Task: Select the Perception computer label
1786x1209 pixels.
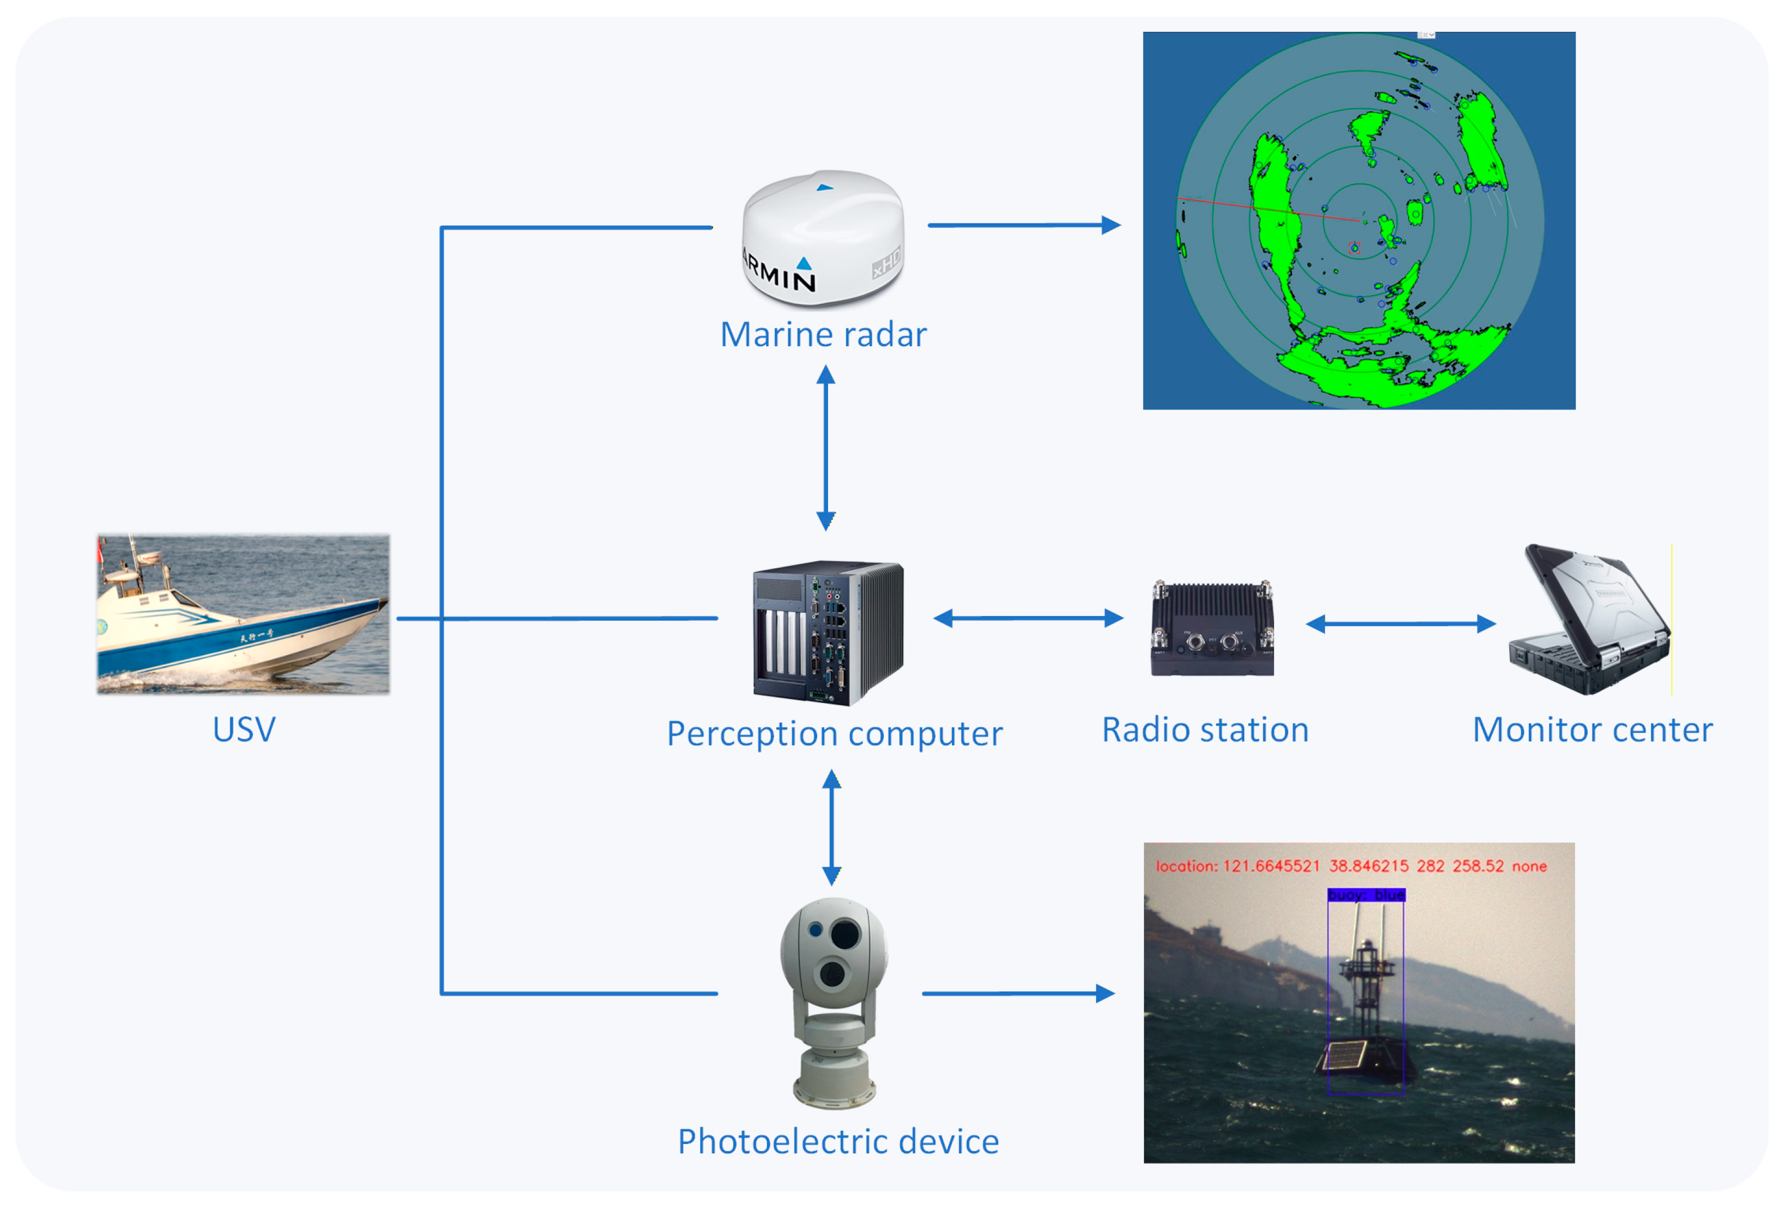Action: pos(834,733)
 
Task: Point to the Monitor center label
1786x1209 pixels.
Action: pos(1592,729)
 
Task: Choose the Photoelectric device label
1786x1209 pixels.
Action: pos(837,1141)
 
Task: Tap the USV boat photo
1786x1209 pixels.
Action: pos(243,614)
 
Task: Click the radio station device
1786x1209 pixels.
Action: pos(1212,628)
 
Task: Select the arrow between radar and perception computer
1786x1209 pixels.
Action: pos(826,448)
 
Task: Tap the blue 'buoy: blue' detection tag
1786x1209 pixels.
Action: pos(1365,895)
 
